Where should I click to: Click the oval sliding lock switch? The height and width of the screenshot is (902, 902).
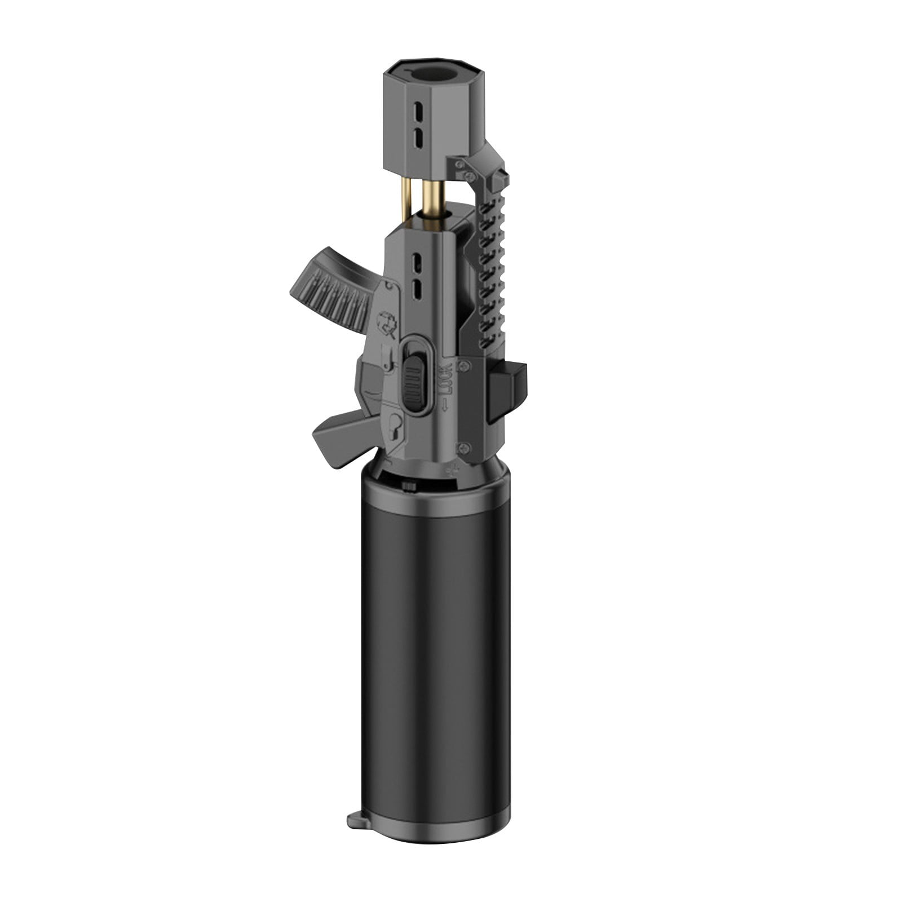tap(415, 373)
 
